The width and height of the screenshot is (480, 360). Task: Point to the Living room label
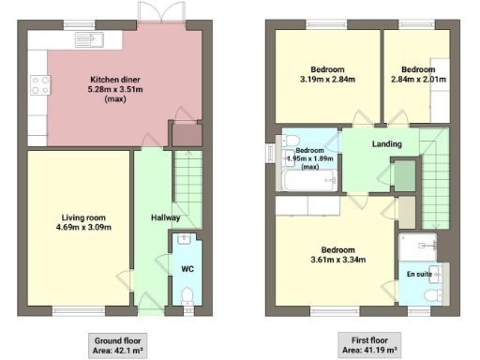[x=80, y=221]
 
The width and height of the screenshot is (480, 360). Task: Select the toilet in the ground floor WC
[x=187, y=295]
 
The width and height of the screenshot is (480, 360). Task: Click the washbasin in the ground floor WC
[x=184, y=238]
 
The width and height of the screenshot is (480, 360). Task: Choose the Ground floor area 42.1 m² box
[x=120, y=343]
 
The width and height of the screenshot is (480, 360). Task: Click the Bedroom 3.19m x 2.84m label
[x=327, y=75]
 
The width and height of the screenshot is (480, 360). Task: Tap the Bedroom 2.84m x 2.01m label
[x=417, y=75]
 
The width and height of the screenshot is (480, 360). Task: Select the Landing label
[x=387, y=144]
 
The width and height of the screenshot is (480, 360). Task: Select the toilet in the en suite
[x=430, y=295]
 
